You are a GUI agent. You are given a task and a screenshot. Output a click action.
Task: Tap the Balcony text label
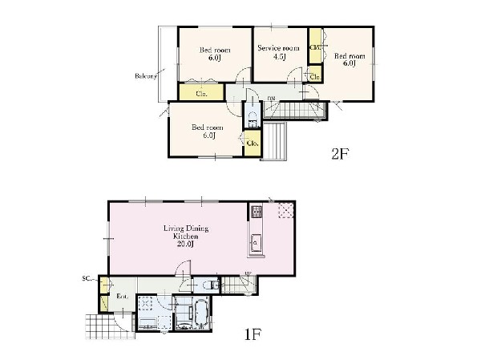145,76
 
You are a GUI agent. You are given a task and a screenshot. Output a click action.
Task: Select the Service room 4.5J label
278,52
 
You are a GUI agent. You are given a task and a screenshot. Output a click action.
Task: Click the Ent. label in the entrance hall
122,297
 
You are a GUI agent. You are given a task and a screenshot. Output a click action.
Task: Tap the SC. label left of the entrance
86,279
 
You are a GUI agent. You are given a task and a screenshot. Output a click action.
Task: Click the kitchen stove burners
257,212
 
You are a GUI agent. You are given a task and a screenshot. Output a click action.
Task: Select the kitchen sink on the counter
257,244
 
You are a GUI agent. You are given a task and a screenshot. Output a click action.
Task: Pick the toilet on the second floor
252,119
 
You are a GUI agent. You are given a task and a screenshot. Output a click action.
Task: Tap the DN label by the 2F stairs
271,98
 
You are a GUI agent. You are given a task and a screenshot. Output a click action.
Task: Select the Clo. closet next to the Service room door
314,76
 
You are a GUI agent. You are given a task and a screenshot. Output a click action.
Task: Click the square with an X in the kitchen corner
285,211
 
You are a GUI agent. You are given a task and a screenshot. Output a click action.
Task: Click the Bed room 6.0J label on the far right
349,59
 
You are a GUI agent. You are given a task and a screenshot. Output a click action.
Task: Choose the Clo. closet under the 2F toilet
252,143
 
